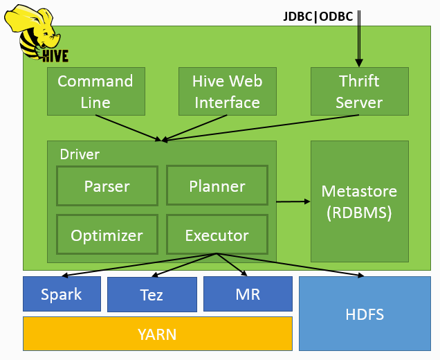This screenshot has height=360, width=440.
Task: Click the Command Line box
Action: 95,91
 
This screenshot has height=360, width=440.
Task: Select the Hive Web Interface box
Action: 227,91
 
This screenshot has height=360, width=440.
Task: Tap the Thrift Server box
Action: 359,91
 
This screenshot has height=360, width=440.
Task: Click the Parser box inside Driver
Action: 107,186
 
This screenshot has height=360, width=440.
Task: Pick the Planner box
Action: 217,186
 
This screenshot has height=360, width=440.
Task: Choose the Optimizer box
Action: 107,235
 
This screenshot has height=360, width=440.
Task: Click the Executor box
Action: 217,235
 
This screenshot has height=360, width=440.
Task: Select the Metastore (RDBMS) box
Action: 359,201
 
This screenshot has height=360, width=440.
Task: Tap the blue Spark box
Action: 62,294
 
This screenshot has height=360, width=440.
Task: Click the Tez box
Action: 152,295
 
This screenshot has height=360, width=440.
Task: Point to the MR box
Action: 247,294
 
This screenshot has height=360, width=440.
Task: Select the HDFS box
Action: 365,314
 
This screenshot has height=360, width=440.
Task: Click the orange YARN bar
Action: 157,334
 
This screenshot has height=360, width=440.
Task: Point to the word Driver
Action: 80,154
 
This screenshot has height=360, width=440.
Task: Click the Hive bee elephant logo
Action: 39,35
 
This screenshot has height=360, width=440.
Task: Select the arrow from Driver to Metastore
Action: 293,201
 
